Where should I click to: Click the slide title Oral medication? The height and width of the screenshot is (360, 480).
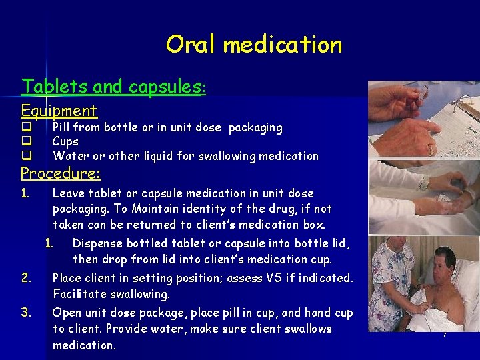[x=253, y=45]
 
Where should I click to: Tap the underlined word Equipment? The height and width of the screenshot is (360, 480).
[x=59, y=111]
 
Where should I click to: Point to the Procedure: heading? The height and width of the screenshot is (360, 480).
[x=61, y=174]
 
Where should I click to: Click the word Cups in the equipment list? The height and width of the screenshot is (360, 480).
[x=65, y=141]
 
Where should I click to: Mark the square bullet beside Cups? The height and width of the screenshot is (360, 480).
[x=26, y=141]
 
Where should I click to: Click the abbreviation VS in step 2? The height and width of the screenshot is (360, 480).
[x=275, y=278]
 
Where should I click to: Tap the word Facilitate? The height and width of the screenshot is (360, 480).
[x=79, y=294]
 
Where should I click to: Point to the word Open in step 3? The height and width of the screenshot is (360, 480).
[x=66, y=313]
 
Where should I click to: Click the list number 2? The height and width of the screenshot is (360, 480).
[x=25, y=278]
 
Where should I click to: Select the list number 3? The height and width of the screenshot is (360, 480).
[x=25, y=313]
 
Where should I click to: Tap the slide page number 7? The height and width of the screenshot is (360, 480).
[x=444, y=335]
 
